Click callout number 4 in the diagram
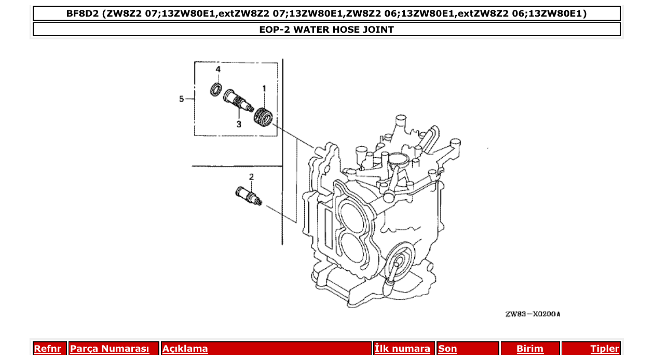point(218,69)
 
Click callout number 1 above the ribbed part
point(264,89)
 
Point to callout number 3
point(239,124)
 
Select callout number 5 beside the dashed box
point(182,99)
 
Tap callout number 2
point(251,177)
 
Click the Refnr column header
point(48,349)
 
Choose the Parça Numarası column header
point(110,349)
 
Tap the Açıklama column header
point(185,349)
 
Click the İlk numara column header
point(402,349)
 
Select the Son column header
point(447,349)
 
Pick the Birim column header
point(529,349)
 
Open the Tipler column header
point(605,349)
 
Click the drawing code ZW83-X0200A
point(533,314)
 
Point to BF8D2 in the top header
point(83,13)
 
